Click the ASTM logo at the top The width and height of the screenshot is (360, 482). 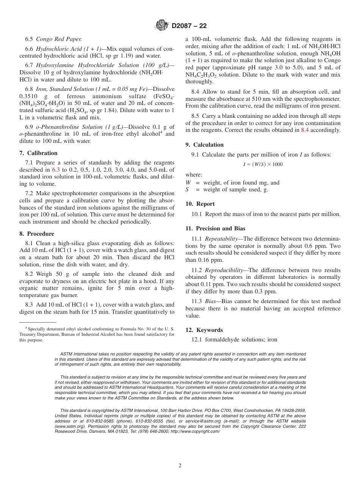(162, 26)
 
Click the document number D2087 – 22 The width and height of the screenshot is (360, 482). (189, 26)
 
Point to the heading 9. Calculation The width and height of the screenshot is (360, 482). (204, 145)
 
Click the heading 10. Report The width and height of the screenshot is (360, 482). (200, 204)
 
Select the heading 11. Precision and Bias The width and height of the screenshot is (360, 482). (215, 228)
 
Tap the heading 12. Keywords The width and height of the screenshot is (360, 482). (204, 330)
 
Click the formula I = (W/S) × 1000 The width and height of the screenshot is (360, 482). (263, 164)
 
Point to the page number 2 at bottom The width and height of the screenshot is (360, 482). (180, 466)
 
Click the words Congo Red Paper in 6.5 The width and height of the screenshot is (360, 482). (59, 39)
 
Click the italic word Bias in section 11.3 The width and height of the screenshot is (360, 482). (211, 302)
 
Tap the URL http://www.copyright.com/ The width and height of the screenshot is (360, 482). (195, 431)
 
